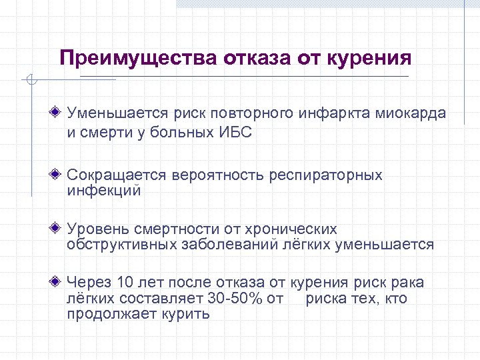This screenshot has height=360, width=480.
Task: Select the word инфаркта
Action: click(340, 113)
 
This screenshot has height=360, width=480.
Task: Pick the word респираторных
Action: click(326, 175)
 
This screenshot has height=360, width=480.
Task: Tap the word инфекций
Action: click(104, 191)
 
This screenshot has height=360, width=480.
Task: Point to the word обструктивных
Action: click(122, 245)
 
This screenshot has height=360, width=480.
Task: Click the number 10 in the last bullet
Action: click(125, 283)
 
